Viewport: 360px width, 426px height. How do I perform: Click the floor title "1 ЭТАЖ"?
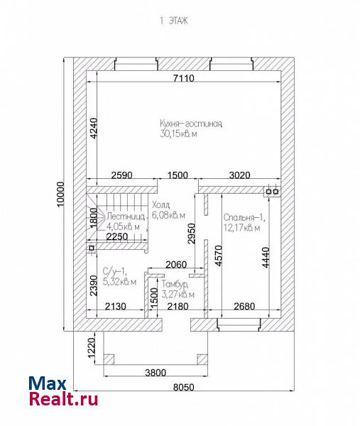pyautogui.click(x=174, y=21)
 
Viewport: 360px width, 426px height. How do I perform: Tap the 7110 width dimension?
pyautogui.click(x=184, y=78)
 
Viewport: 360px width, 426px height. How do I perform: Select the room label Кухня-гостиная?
pyautogui.click(x=191, y=124)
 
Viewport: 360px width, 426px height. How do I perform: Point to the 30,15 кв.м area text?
pyautogui.click(x=178, y=133)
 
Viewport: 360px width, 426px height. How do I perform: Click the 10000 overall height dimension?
pyautogui.click(x=61, y=194)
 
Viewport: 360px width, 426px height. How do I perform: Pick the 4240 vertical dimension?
pyautogui.click(x=93, y=129)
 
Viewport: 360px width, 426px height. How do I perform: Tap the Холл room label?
pyautogui.click(x=161, y=204)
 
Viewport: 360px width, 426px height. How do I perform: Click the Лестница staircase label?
pyautogui.click(x=126, y=217)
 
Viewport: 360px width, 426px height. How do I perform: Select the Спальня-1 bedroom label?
pyautogui.click(x=244, y=217)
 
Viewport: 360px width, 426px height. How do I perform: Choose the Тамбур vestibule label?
pyautogui.click(x=175, y=284)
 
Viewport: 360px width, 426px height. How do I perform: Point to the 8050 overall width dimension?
pyautogui.click(x=184, y=387)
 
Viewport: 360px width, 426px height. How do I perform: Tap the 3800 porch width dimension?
pyautogui.click(x=156, y=373)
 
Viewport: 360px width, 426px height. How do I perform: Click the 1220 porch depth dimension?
pyautogui.click(x=92, y=348)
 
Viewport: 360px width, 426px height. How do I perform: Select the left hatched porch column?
pyautogui.click(x=109, y=359)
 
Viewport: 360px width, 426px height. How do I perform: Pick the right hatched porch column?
pyautogui.click(x=202, y=359)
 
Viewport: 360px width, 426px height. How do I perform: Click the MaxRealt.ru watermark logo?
pyautogui.click(x=63, y=391)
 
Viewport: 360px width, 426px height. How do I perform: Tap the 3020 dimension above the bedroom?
pyautogui.click(x=239, y=175)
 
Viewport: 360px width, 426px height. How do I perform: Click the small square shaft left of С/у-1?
pyautogui.click(x=92, y=248)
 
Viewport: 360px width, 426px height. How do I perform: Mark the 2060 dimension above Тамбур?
pyautogui.click(x=176, y=264)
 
